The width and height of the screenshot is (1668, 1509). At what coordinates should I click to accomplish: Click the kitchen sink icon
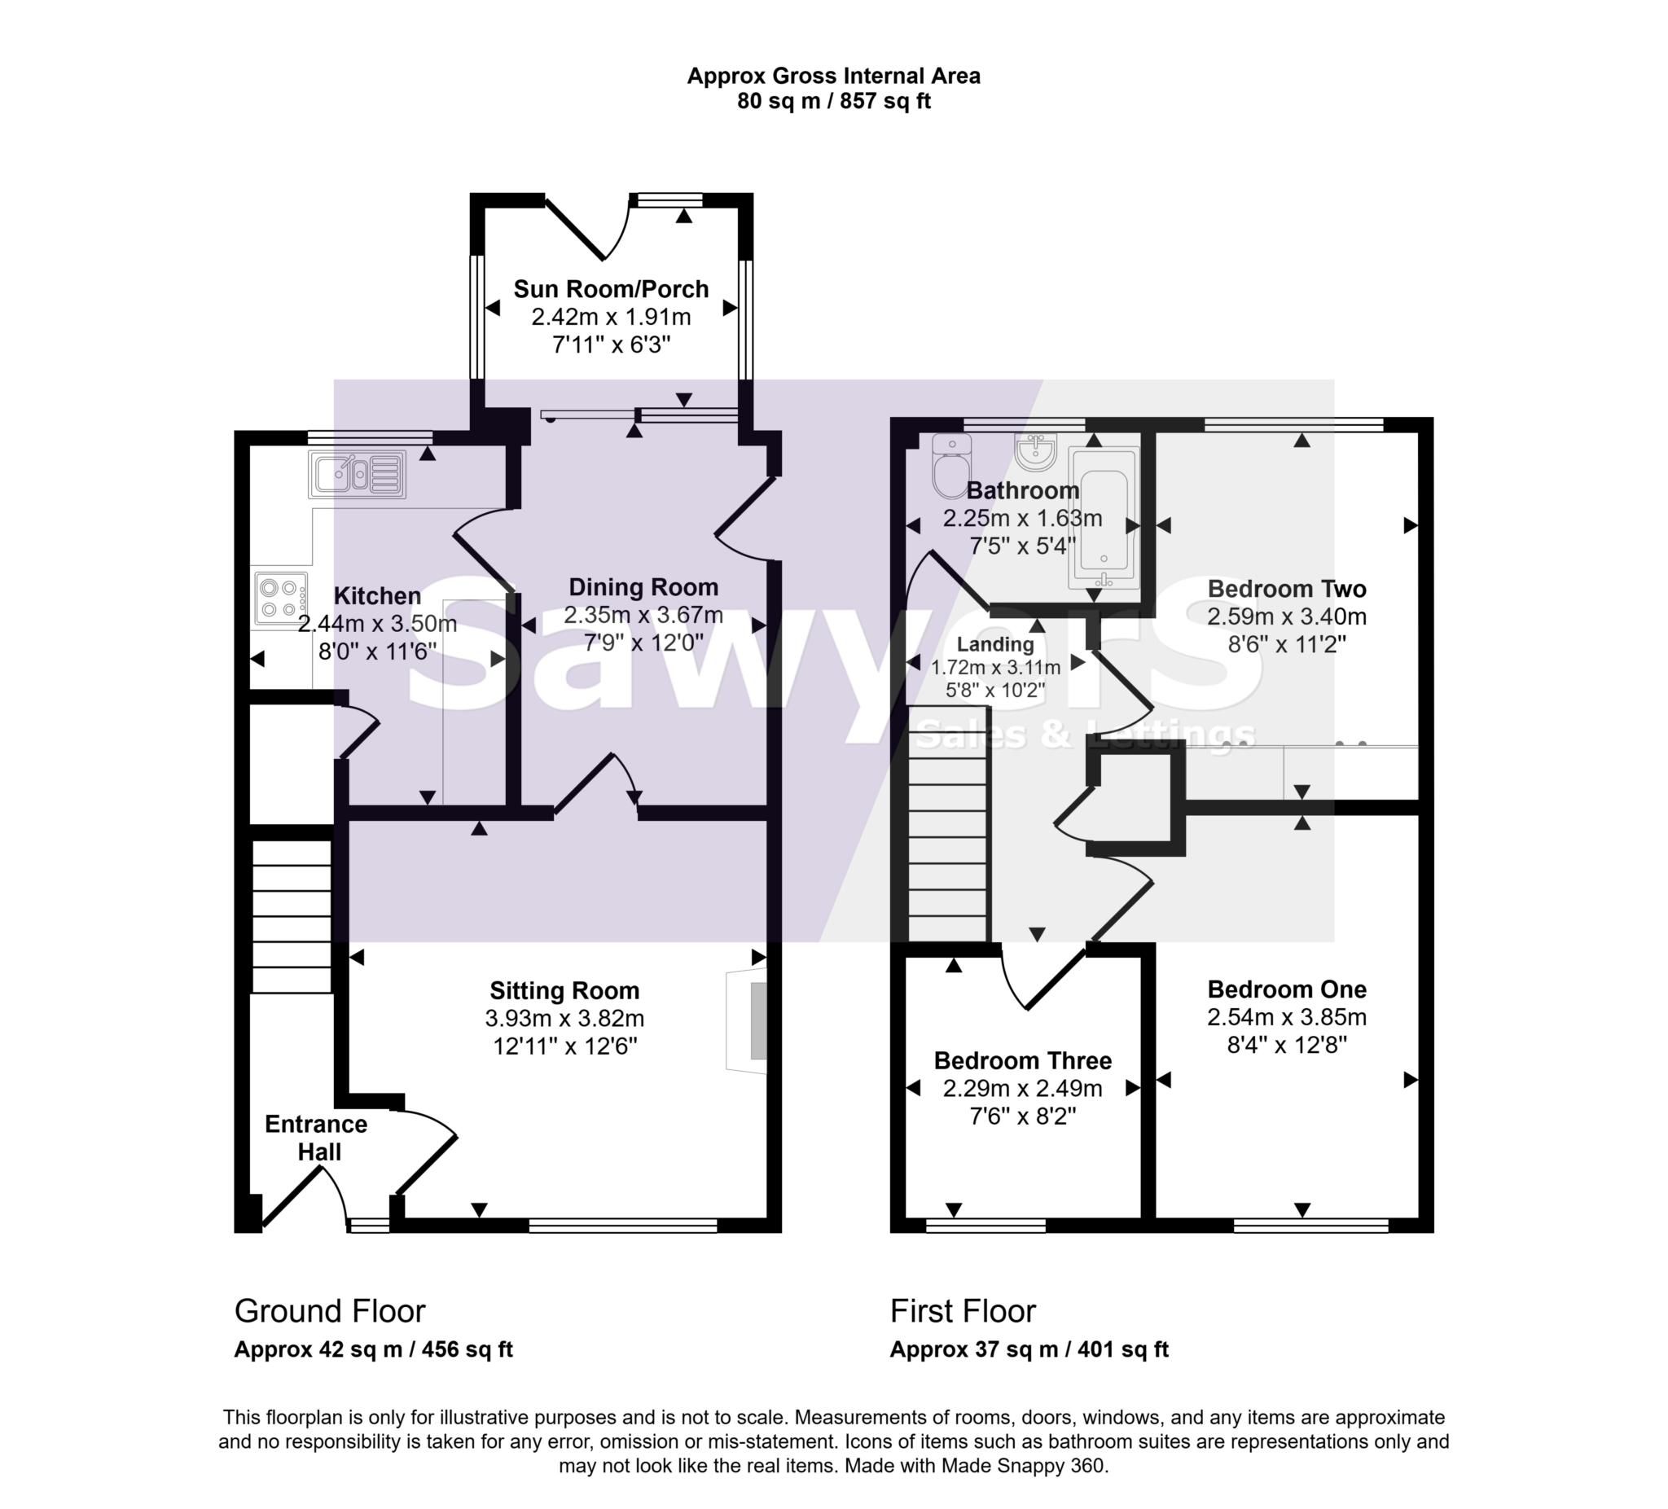pyautogui.click(x=358, y=474)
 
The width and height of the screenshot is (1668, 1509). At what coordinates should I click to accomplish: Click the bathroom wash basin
pyautogui.click(x=1036, y=452)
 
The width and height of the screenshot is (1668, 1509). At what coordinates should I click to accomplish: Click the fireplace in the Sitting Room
pyautogui.click(x=748, y=1022)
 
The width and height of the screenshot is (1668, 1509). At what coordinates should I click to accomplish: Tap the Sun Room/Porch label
pyautogui.click(x=611, y=289)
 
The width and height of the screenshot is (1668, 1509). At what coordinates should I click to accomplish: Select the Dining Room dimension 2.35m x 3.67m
pyautogui.click(x=643, y=615)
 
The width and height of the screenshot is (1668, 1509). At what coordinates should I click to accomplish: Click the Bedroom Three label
pyautogui.click(x=1023, y=1060)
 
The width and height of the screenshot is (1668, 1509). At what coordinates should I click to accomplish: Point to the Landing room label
pyautogui.click(x=995, y=643)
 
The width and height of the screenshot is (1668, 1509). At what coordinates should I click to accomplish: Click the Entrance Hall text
pyautogui.click(x=317, y=1138)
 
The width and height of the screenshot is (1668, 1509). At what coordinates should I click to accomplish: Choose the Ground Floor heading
pyautogui.click(x=329, y=1311)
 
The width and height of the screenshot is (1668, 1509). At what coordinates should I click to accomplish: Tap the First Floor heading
pyautogui.click(x=962, y=1311)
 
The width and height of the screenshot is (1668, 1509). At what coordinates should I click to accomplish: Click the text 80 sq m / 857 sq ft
pyautogui.click(x=833, y=101)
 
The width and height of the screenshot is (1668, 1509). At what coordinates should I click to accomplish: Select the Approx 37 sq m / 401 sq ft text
pyautogui.click(x=1029, y=1350)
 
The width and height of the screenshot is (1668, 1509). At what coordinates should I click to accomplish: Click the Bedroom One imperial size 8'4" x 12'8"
pyautogui.click(x=1287, y=1045)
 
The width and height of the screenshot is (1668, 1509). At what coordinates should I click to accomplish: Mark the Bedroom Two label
pyautogui.click(x=1287, y=589)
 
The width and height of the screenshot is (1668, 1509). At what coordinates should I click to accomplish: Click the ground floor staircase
pyautogui.click(x=292, y=916)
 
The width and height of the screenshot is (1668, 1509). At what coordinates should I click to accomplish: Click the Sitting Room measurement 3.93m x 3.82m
pyautogui.click(x=564, y=1019)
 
